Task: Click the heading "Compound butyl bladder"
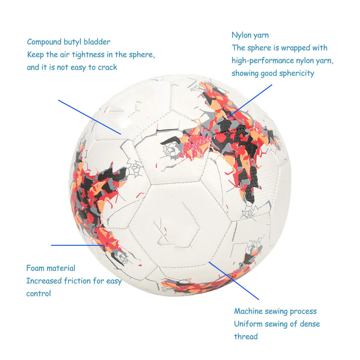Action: coord(69,42)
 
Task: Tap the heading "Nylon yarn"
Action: coord(250,35)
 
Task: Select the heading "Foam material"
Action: coord(51,268)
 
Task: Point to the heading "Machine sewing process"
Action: coord(275,311)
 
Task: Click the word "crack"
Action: coord(108,67)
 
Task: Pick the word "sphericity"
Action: coord(297,73)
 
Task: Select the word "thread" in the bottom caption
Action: coord(246,336)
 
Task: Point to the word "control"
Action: coord(38,294)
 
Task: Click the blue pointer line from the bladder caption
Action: coord(89,117)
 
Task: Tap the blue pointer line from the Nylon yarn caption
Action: coord(250,100)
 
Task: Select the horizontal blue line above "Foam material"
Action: coord(75,245)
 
